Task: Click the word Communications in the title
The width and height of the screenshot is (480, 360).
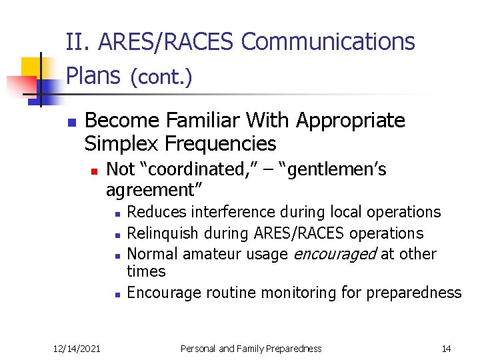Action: [327, 42]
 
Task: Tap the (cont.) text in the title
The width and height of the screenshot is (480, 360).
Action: [161, 78]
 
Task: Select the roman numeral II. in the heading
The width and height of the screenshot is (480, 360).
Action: [79, 42]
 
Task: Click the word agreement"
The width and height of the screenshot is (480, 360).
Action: [154, 190]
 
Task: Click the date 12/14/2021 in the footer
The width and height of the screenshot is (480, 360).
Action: [77, 348]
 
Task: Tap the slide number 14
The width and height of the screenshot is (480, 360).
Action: [446, 348]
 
